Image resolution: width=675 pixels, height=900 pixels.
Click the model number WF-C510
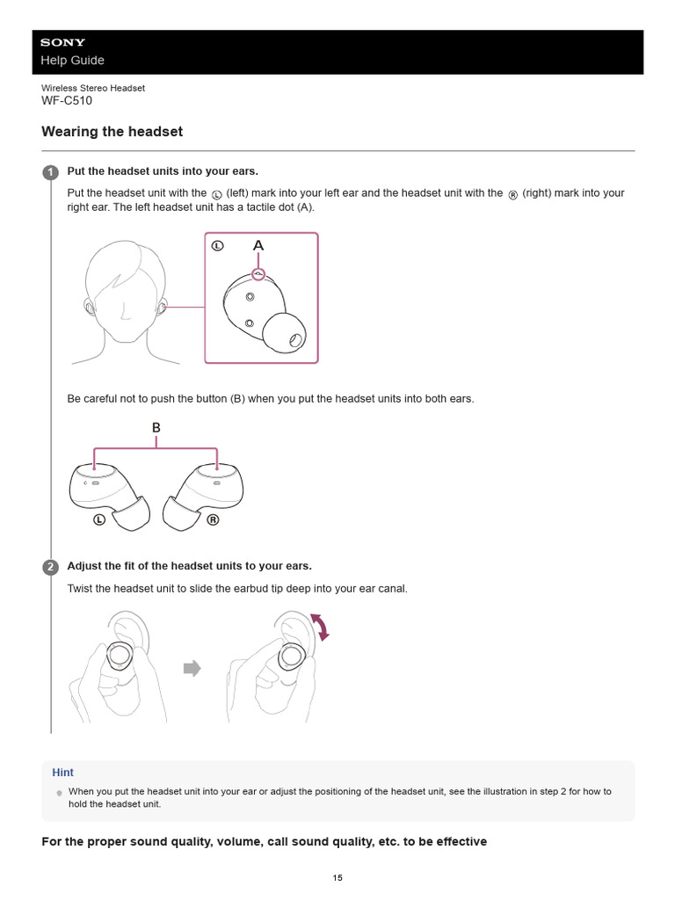[67, 100]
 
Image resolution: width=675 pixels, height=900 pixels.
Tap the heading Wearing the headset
[112, 132]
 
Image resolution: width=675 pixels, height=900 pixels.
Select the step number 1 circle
[50, 171]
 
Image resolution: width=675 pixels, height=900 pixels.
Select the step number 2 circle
[50, 567]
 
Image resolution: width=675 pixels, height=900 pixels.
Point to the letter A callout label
[258, 247]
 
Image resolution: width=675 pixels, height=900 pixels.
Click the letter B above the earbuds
[156, 428]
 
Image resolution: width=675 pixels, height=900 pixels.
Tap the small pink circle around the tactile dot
[258, 274]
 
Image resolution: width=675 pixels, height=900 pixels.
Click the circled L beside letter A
[219, 247]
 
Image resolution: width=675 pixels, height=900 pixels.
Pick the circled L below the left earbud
[99, 519]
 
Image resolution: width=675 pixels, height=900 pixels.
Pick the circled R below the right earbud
[213, 519]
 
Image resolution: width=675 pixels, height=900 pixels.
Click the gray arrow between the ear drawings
[192, 669]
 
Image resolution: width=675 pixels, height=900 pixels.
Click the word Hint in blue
[62, 773]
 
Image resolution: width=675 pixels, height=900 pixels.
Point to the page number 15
[337, 877]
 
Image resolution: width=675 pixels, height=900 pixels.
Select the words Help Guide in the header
[72, 61]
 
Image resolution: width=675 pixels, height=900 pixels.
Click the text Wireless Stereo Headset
[93, 88]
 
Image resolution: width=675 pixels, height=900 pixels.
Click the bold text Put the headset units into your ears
[163, 171]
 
